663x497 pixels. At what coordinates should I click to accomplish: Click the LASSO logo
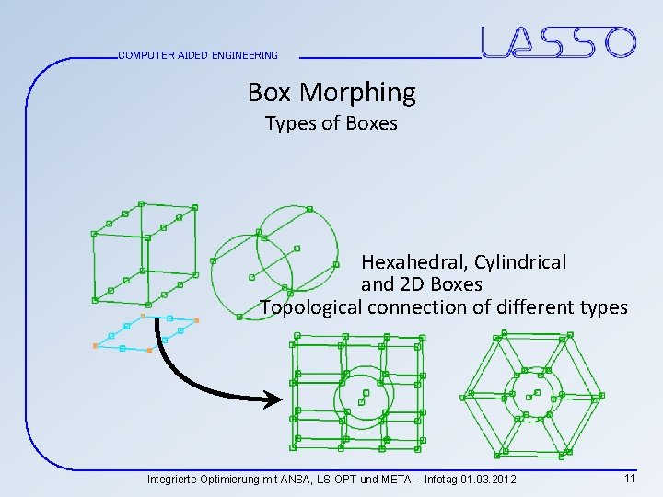pos(558,42)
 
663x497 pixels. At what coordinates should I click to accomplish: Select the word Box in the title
pos(269,92)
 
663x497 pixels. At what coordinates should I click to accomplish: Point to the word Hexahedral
pos(413,262)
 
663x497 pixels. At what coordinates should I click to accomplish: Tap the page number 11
pos(630,479)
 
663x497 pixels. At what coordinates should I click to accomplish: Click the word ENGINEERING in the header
pos(244,55)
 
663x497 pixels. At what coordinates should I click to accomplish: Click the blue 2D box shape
pos(145,332)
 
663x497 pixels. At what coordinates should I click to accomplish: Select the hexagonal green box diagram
pos(532,395)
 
